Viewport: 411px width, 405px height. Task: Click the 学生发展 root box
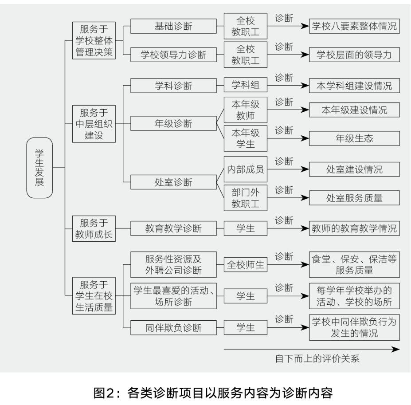click(39, 168)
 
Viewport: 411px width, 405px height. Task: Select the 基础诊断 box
click(173, 26)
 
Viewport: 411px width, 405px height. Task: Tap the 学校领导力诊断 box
click(173, 55)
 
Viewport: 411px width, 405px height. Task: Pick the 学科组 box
click(246, 85)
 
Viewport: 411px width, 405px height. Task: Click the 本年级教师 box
click(246, 110)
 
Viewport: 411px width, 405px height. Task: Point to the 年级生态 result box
click(354, 138)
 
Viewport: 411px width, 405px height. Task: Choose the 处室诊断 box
click(173, 182)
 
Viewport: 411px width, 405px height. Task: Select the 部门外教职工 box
click(246, 198)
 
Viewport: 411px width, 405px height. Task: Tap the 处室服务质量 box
click(354, 198)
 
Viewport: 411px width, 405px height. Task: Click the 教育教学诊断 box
click(173, 228)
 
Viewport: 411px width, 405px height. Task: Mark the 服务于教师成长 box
click(94, 229)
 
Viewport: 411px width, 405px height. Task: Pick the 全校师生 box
click(246, 264)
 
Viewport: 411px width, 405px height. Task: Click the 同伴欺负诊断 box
click(173, 328)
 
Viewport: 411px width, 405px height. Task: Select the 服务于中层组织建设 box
click(94, 124)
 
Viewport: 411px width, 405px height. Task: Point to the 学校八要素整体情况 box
click(354, 26)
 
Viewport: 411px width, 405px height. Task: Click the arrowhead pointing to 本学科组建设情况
click(305, 86)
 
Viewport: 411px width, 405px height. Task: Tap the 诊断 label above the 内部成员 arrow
click(284, 161)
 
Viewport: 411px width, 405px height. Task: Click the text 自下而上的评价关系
click(317, 358)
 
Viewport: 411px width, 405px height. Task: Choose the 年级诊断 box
click(173, 123)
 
